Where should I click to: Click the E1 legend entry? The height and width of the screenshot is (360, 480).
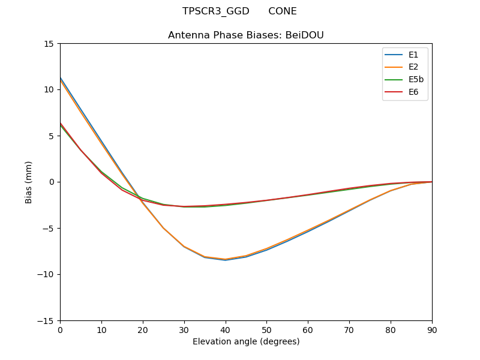click(x=405, y=55)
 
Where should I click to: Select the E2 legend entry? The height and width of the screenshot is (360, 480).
click(x=405, y=67)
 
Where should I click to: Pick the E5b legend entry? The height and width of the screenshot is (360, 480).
click(x=405, y=80)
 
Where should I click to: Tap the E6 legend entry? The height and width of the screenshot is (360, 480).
click(x=405, y=92)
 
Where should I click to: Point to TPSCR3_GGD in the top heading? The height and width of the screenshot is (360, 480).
click(x=216, y=11)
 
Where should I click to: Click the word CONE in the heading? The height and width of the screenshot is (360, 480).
click(x=283, y=11)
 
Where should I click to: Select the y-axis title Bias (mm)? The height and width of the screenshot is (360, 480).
click(x=29, y=182)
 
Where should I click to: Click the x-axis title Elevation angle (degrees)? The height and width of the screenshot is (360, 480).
click(x=246, y=342)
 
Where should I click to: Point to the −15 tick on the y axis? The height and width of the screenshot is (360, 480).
click(x=47, y=320)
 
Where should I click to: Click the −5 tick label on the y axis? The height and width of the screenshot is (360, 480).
click(x=49, y=228)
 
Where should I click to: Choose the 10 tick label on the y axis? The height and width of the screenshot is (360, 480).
click(x=49, y=89)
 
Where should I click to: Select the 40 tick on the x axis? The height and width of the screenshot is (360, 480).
click(x=226, y=329)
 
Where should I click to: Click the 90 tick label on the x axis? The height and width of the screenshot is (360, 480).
click(x=432, y=329)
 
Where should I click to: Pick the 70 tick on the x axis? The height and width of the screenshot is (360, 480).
click(x=349, y=329)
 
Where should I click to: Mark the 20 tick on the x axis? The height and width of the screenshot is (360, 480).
click(x=143, y=329)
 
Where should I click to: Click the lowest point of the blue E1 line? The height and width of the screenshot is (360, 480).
click(x=226, y=260)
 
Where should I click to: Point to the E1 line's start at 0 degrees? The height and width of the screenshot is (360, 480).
click(x=60, y=77)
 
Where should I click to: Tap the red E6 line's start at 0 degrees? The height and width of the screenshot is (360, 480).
click(x=60, y=123)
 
